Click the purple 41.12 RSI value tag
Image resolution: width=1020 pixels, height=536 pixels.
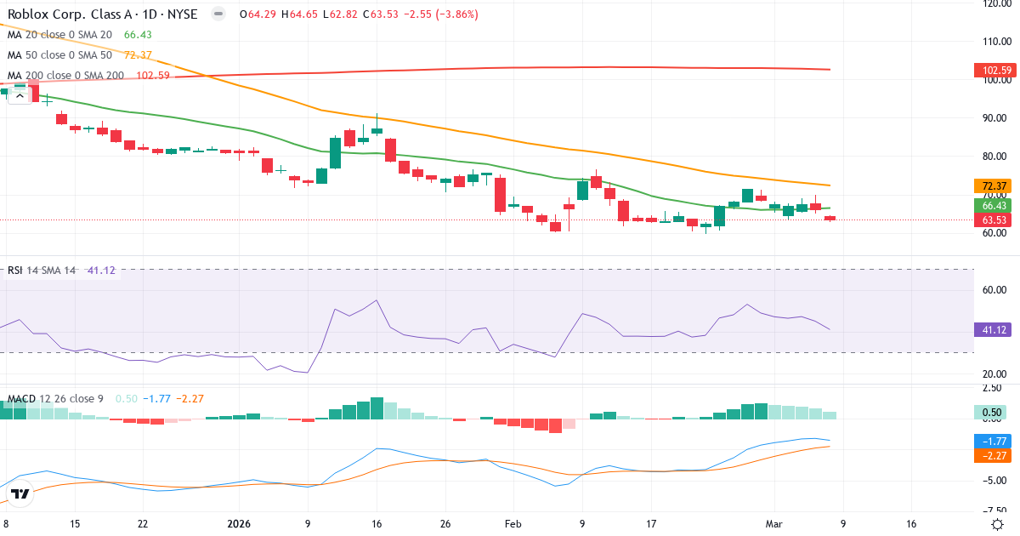(x=991, y=330)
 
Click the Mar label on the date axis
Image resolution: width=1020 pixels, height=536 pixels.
(x=774, y=524)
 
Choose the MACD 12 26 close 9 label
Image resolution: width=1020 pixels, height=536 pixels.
(x=55, y=398)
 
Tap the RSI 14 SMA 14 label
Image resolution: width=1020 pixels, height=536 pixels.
(x=42, y=271)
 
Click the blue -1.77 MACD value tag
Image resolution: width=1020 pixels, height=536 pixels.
(x=991, y=441)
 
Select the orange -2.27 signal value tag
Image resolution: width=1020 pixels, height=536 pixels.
(x=991, y=455)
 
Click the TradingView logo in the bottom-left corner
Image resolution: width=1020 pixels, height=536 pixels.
(x=20, y=493)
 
